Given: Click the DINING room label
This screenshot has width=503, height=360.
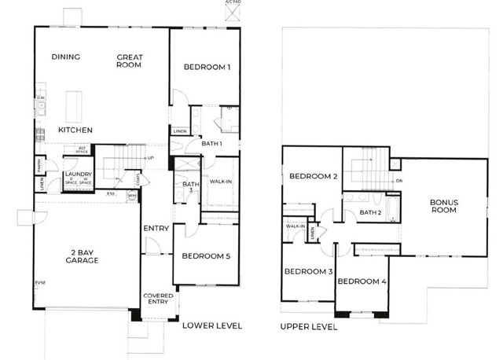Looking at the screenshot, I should (67, 57).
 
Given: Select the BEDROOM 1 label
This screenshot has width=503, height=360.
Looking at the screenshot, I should (207, 68).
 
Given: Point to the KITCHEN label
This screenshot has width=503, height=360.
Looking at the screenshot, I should (75, 130).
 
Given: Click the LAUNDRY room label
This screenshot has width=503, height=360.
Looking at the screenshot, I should (79, 174).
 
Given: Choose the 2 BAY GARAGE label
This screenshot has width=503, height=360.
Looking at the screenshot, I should (81, 255).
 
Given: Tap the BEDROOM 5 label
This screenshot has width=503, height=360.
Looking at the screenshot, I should (206, 256).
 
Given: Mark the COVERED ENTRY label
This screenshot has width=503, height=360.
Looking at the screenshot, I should (158, 299).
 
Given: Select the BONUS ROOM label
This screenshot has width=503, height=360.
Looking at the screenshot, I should (443, 206).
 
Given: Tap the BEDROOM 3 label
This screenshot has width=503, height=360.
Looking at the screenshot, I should (307, 272).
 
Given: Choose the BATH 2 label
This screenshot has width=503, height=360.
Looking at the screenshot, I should (371, 212).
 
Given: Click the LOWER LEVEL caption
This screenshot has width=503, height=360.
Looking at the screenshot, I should (211, 325).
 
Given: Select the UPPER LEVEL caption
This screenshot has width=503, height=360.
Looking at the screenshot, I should (308, 326).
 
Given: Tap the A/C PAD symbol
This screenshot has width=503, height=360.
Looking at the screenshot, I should (229, 6).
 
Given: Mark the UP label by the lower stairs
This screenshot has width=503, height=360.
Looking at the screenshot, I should (150, 157).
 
